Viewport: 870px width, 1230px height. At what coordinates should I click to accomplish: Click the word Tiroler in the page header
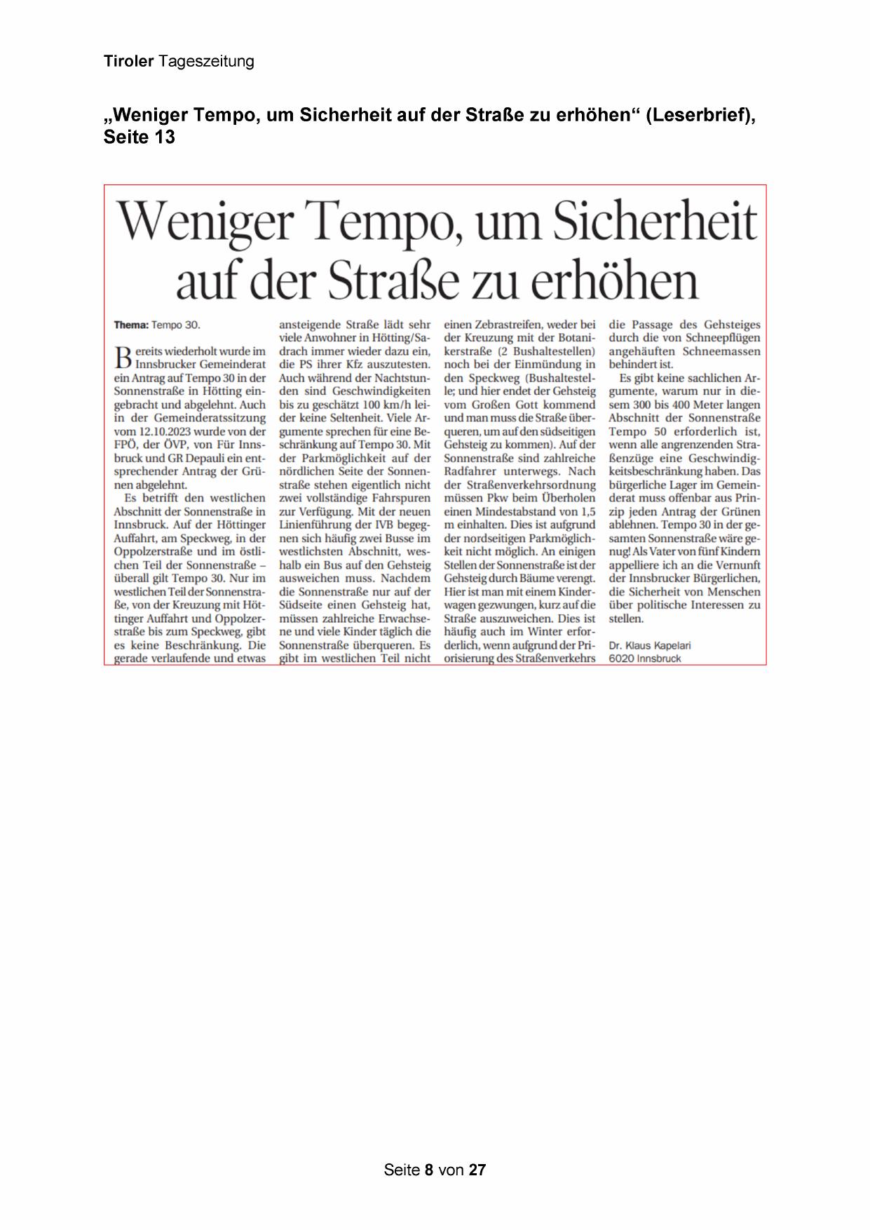point(128,62)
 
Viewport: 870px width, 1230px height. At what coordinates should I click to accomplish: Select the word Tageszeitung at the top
point(206,62)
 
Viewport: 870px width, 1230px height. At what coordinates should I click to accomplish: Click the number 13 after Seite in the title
point(165,137)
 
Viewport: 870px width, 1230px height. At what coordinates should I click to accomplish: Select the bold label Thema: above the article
point(131,325)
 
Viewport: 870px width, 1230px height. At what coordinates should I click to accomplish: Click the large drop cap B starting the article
point(123,357)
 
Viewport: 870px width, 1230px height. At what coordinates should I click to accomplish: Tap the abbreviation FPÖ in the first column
point(125,445)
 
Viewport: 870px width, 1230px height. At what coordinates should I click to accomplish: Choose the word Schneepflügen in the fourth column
point(724,338)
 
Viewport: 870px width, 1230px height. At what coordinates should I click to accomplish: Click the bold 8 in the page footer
point(429,1170)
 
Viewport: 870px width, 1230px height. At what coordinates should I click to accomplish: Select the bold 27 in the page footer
point(477,1170)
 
